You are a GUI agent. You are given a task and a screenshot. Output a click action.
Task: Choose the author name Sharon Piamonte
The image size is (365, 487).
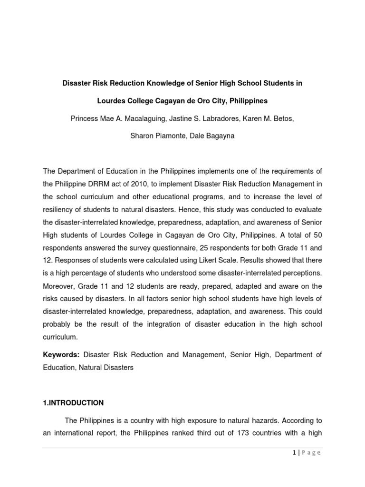155,136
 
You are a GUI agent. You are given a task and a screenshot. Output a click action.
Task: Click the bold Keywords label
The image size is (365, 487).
61,355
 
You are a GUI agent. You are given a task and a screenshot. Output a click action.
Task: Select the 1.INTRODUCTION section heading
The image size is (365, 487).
73,403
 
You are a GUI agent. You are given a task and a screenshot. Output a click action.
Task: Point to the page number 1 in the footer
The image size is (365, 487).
294,453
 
